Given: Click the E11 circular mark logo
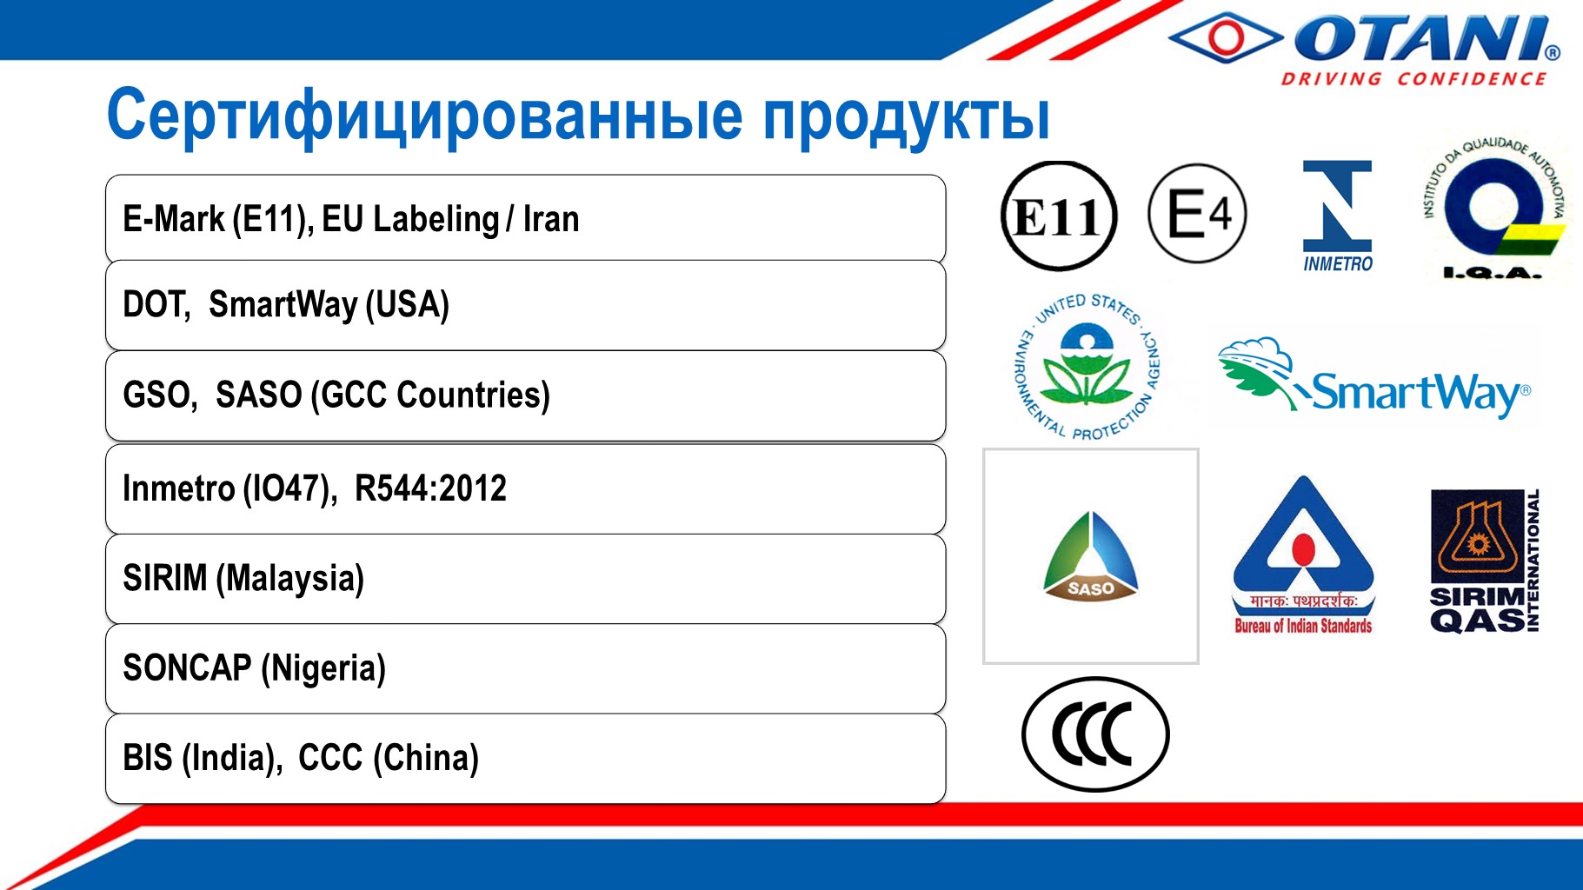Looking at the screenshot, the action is coord(1058,216).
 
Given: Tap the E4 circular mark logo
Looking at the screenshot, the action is coord(1197,214).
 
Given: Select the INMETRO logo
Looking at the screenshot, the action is coord(1337,216).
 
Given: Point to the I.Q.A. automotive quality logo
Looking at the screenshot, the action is coord(1493,209).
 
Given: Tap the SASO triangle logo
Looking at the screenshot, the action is coord(1091,556).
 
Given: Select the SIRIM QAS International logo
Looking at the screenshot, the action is coord(1485,561).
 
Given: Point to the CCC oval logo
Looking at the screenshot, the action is coord(1095,734).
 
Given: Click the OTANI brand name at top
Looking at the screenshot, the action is coord(1427,39).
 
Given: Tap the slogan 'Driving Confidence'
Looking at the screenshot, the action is coord(1413,79).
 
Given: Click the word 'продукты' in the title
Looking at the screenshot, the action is coord(907,117).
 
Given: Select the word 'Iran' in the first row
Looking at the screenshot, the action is coord(551,219).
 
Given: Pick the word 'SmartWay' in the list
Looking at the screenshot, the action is coord(283,305).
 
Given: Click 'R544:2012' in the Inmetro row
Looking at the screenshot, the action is coord(430,488).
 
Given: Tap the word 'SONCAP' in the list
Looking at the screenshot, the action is coord(187,668).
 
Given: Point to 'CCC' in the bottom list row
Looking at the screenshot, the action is coord(330,758).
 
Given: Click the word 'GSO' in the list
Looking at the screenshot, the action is coord(156,395).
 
